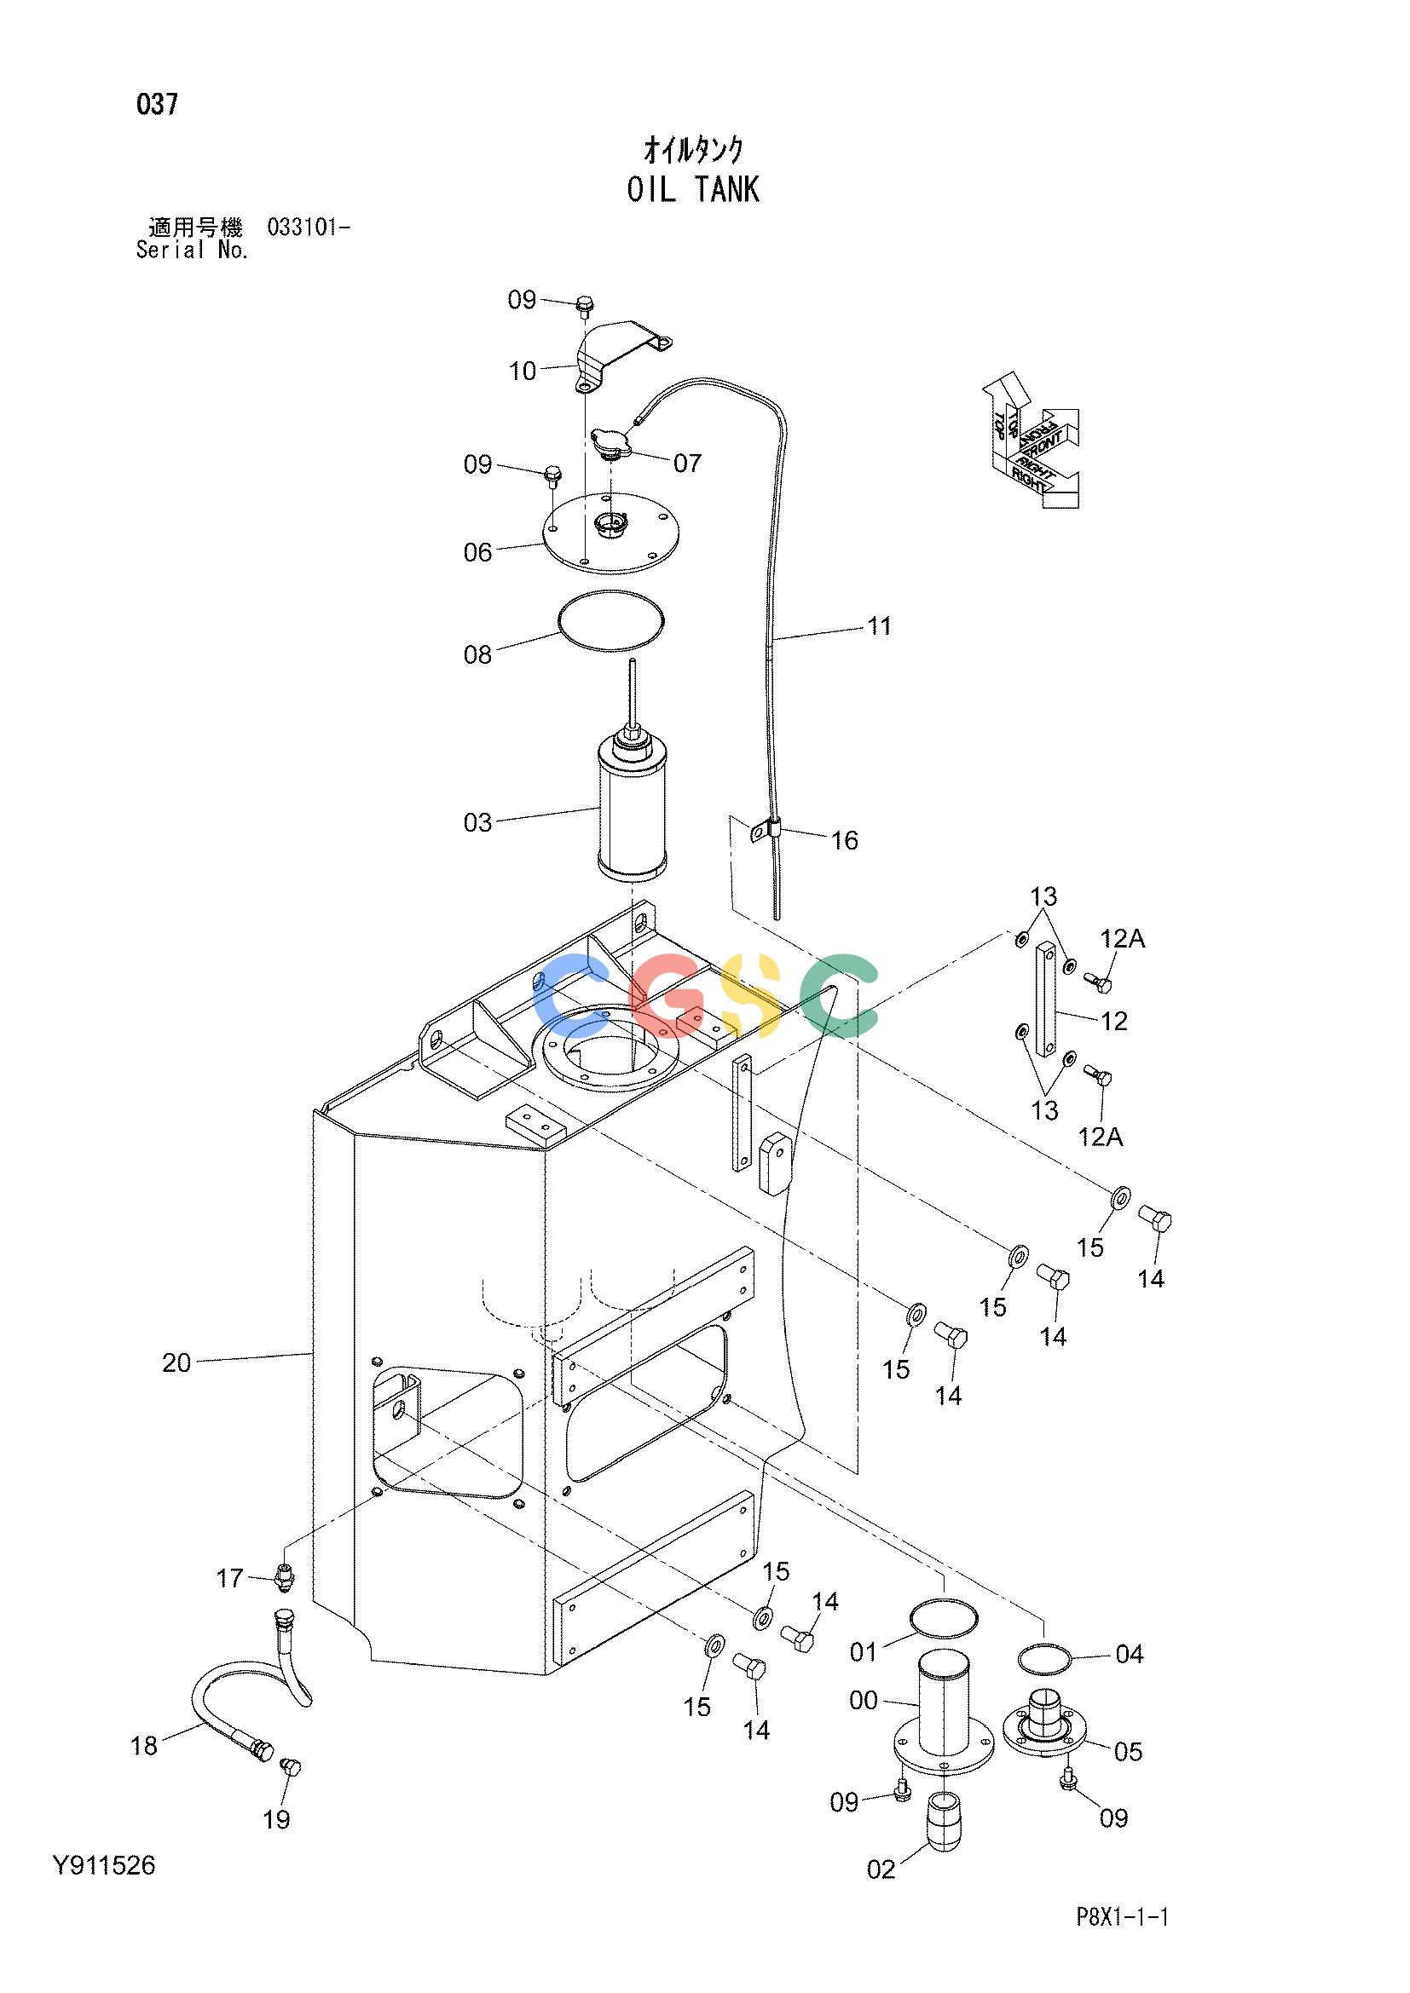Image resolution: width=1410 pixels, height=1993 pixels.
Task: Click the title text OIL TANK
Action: click(693, 189)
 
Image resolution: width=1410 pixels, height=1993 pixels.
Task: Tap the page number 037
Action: click(157, 105)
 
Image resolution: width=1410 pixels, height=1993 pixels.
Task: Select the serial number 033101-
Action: click(309, 228)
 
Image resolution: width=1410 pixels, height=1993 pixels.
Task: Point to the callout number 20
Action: click(176, 1362)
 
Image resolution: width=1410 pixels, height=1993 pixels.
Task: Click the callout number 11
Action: click(880, 626)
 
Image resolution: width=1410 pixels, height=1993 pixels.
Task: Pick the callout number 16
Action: click(845, 840)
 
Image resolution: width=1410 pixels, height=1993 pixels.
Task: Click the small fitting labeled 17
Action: click(283, 1575)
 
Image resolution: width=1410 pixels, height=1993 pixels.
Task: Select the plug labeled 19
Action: click(292, 1766)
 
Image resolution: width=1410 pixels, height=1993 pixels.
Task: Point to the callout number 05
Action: click(1128, 1751)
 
